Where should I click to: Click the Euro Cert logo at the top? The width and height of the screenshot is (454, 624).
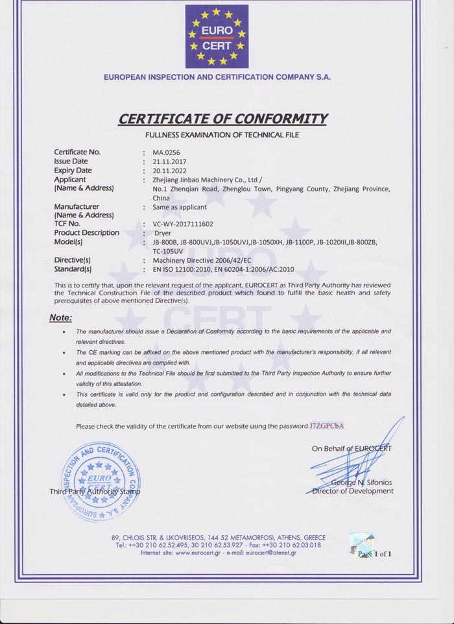[x=217, y=36]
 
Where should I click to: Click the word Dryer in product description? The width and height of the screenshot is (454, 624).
[x=162, y=233]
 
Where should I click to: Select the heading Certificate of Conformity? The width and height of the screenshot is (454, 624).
[x=222, y=119]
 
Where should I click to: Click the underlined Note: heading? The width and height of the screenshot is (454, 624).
[x=61, y=318]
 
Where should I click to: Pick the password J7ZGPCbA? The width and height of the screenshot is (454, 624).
[x=327, y=426]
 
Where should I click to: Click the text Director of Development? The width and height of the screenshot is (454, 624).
[x=353, y=491]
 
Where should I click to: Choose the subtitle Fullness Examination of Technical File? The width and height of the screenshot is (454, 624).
[x=222, y=135]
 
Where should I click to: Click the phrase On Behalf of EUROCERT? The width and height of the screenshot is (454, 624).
[x=351, y=448]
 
